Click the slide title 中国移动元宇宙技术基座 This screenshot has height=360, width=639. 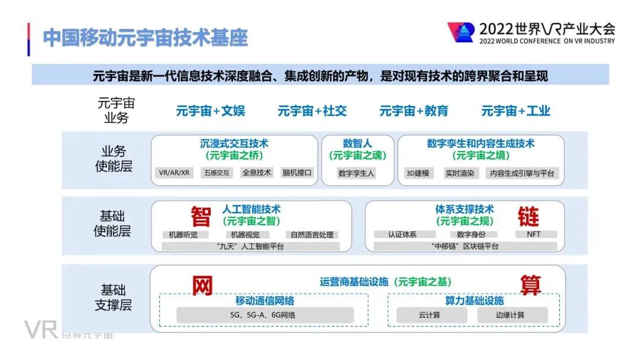pos(146,37)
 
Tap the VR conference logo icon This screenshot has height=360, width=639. pos(460,33)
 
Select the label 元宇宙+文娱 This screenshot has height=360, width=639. pos(211,111)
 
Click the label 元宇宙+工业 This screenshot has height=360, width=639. pos(516,111)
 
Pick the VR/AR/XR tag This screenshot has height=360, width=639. pos(174,173)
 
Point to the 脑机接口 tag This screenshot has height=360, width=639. pos(297,173)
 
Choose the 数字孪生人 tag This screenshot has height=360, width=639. pos(357,173)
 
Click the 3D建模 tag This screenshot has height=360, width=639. pos(418,173)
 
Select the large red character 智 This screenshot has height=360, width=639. pos(201,217)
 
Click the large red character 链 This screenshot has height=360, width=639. pos(528,217)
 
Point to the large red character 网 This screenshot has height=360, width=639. pos(202,286)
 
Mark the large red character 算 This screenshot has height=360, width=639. pos(530,285)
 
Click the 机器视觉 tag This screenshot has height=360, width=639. pos(246,234)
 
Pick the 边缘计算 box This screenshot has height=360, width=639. pos(510,315)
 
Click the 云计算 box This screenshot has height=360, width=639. pos(429,315)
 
